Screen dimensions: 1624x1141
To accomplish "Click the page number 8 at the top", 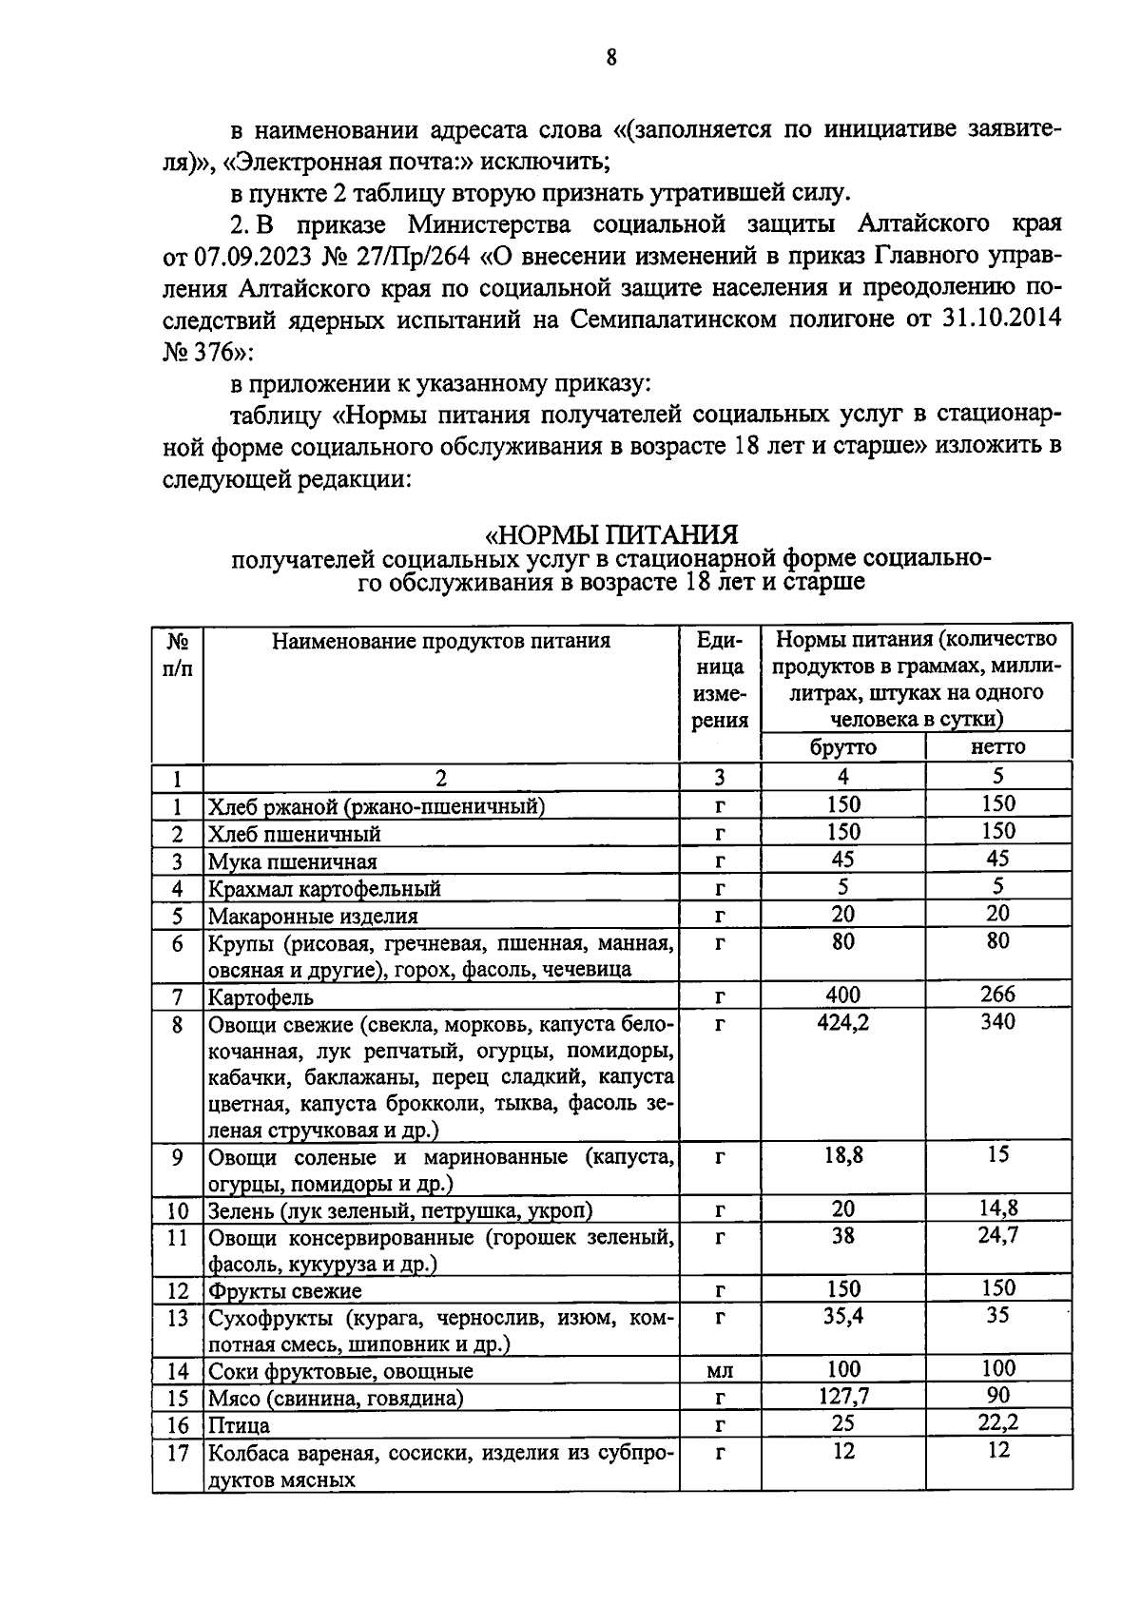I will click(x=611, y=58).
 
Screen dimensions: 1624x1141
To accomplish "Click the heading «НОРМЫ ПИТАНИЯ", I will click(x=611, y=534).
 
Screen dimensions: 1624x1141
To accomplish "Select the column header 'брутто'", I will click(x=842, y=747).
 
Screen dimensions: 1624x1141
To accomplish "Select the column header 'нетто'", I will click(x=998, y=747).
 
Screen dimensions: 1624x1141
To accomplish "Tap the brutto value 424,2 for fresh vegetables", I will click(x=842, y=1022).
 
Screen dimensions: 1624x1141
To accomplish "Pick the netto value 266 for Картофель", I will click(x=998, y=995).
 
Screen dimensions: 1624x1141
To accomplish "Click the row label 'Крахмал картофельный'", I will click(x=324, y=889).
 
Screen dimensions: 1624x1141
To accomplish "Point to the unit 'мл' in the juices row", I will click(x=720, y=1371).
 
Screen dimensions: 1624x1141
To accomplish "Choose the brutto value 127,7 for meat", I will click(x=842, y=1397).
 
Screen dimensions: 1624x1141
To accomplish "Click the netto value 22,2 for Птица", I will click(x=998, y=1423).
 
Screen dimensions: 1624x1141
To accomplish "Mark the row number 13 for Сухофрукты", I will click(x=178, y=1318).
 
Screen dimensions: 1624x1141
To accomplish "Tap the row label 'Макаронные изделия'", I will click(x=313, y=917).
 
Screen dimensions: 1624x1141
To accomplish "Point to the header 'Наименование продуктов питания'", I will click(x=440, y=641).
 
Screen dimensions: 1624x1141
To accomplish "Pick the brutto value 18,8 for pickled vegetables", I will click(x=842, y=1156).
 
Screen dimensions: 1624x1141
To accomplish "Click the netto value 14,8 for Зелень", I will click(x=998, y=1209).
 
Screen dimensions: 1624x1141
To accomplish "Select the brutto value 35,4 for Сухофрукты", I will click(x=842, y=1317).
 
